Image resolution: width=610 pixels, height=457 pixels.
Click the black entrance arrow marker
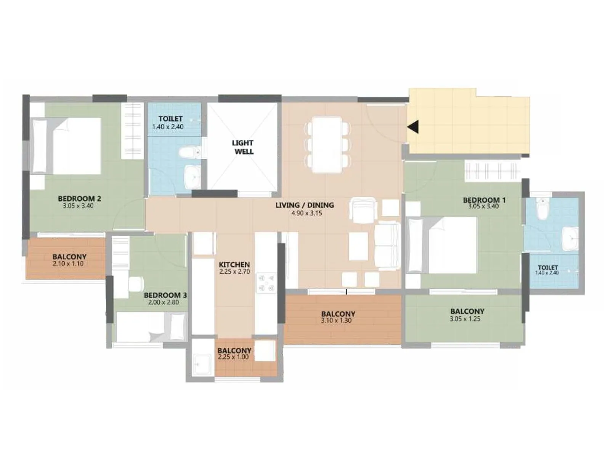[413, 127]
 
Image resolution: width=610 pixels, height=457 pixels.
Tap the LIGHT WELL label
[243, 147]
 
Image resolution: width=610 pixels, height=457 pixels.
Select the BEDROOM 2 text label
[79, 198]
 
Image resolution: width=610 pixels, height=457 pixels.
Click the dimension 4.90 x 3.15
[307, 213]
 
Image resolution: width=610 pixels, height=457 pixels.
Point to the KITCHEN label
[234, 264]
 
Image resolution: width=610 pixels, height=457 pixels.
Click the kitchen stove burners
[266, 283]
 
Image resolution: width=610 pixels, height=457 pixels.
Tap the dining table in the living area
[327, 145]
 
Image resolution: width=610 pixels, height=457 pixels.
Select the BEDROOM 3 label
[165, 295]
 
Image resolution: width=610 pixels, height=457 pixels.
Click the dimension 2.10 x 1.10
[68, 264]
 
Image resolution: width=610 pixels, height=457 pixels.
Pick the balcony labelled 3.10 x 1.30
[338, 317]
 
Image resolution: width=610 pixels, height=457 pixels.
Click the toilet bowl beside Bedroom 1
[542, 210]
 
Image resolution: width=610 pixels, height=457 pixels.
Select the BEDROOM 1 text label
[484, 200]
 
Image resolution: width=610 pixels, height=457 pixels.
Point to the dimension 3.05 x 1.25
[465, 319]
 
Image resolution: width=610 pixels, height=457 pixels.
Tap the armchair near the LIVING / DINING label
[363, 210]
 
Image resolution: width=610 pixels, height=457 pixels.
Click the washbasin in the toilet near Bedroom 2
[193, 177]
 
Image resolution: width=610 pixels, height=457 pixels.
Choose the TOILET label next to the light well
[170, 119]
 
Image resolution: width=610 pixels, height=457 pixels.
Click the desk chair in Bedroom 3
[136, 284]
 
